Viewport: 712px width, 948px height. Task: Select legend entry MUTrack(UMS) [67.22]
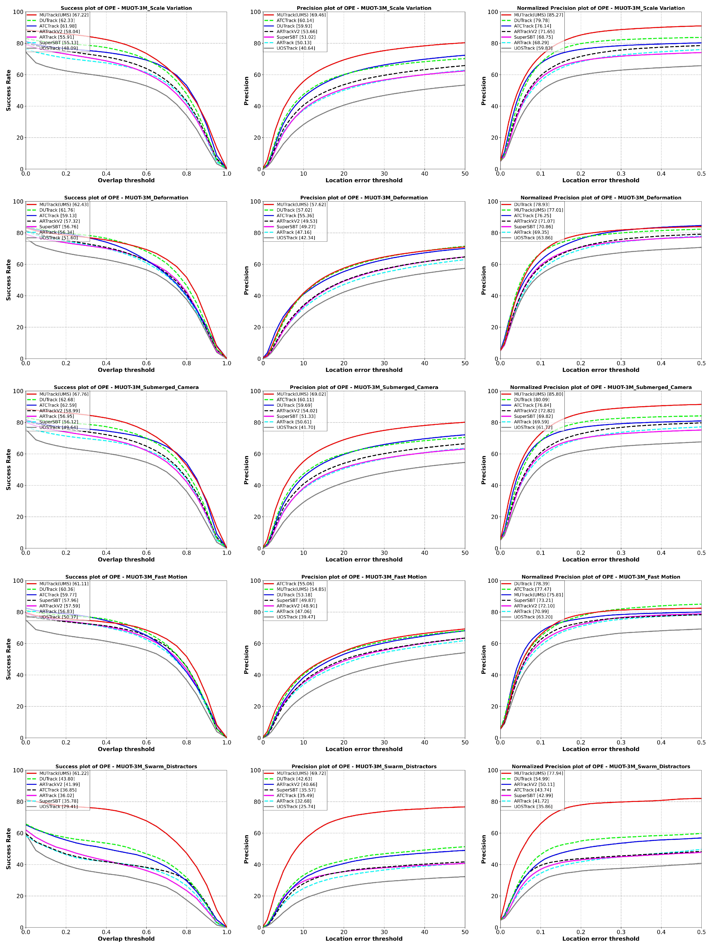pyautogui.click(x=64, y=15)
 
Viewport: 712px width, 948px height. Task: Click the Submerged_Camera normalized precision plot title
pyautogui.click(x=601, y=387)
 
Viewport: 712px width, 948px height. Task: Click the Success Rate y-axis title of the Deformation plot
pyautogui.click(x=9, y=280)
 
